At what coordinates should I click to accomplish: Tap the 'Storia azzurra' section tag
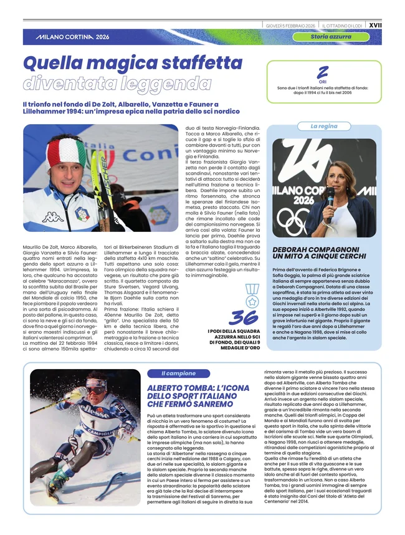(331, 37)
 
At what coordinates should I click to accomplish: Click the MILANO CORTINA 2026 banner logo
(72, 37)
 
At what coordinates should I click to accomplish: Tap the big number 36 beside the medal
(242, 317)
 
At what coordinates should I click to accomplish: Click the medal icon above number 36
(251, 294)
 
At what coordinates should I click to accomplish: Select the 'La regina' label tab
(324, 126)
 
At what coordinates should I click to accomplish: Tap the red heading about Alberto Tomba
(193, 396)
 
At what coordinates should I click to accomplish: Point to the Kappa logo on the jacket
(52, 217)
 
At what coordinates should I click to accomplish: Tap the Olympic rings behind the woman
(295, 221)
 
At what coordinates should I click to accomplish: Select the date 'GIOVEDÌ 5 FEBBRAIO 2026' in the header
(290, 26)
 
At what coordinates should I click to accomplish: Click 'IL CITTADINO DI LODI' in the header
(341, 26)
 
